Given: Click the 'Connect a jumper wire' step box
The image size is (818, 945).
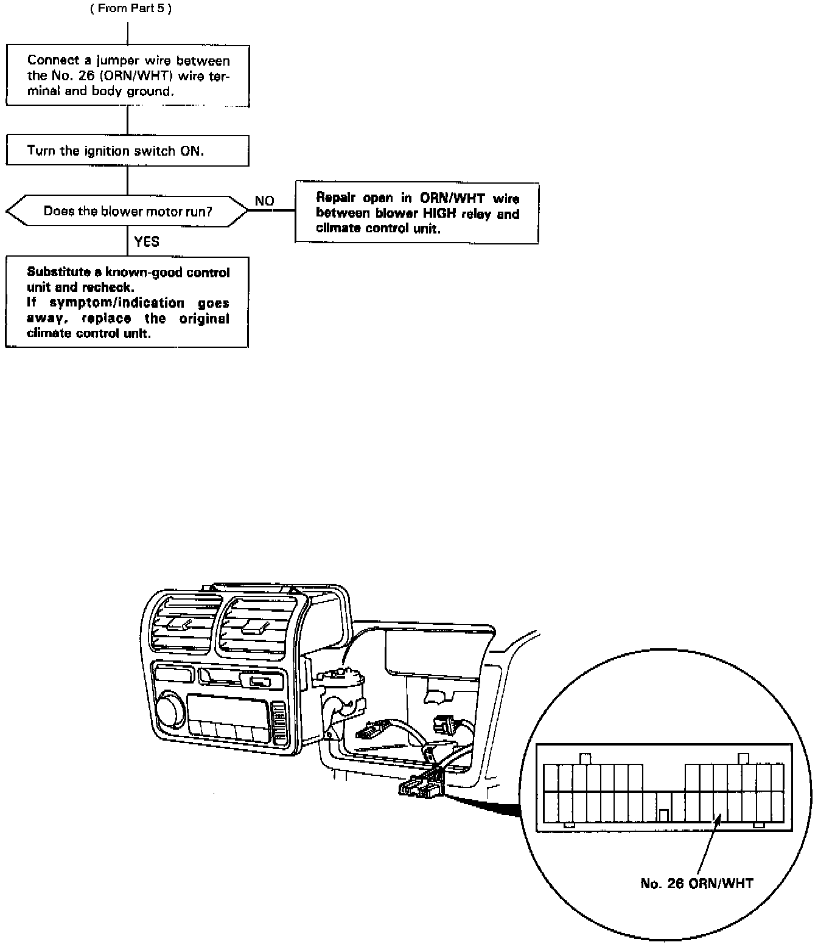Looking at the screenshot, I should [128, 76].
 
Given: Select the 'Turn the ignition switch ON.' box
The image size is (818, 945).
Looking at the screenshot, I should [127, 151].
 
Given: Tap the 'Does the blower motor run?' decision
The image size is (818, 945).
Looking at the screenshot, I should [127, 212].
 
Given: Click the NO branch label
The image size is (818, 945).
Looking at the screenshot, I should [264, 201].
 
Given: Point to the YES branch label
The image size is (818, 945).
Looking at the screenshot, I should [147, 242].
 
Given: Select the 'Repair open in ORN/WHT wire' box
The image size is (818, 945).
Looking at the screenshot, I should [417, 213].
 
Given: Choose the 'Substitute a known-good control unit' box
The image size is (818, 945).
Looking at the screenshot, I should [127, 303].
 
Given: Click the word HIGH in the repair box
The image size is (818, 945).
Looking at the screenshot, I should [439, 214].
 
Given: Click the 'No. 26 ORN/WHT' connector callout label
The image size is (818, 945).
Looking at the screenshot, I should [697, 884].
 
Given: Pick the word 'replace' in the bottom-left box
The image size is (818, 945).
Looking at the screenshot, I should [116, 319].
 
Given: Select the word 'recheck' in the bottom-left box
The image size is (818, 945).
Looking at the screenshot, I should [107, 288].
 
